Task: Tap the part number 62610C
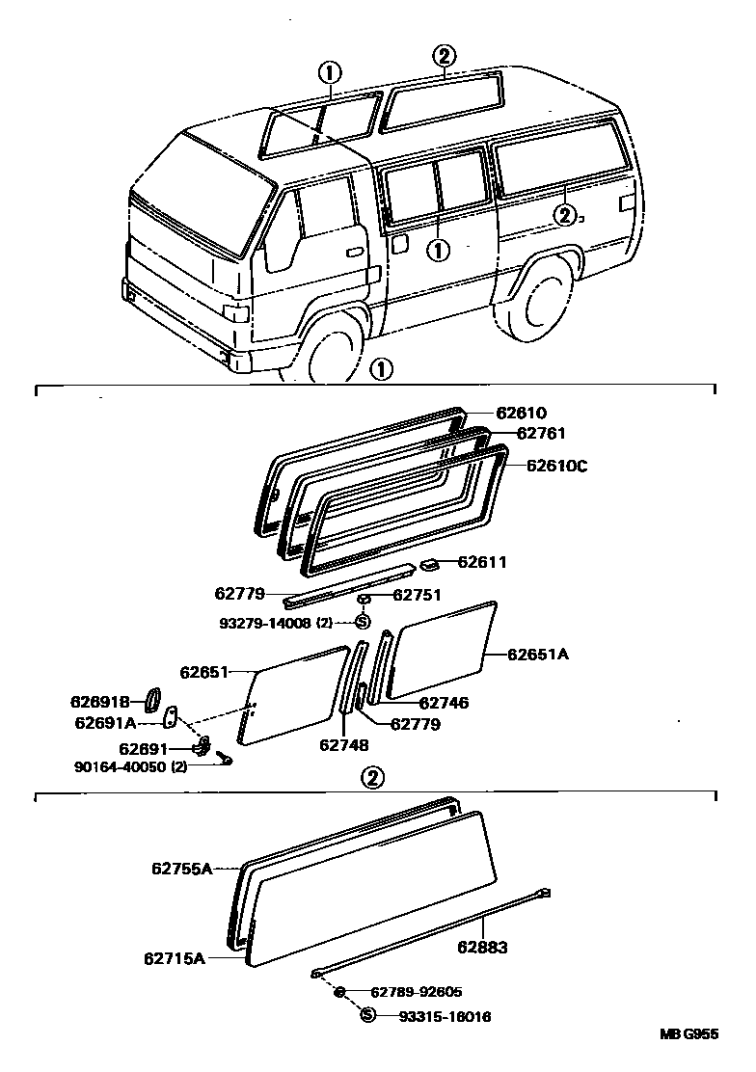pyautogui.click(x=556, y=466)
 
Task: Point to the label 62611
pyautogui.click(x=482, y=562)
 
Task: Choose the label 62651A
pyautogui.click(x=538, y=655)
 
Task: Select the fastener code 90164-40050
pyautogui.click(x=121, y=767)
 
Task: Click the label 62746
pyautogui.click(x=444, y=704)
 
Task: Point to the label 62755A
pyautogui.click(x=180, y=869)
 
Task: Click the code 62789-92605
pyautogui.click(x=415, y=992)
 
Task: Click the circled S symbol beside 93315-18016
pyautogui.click(x=366, y=1015)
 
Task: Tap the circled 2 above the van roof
pyautogui.click(x=444, y=56)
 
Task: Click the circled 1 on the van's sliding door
pyautogui.click(x=438, y=250)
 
